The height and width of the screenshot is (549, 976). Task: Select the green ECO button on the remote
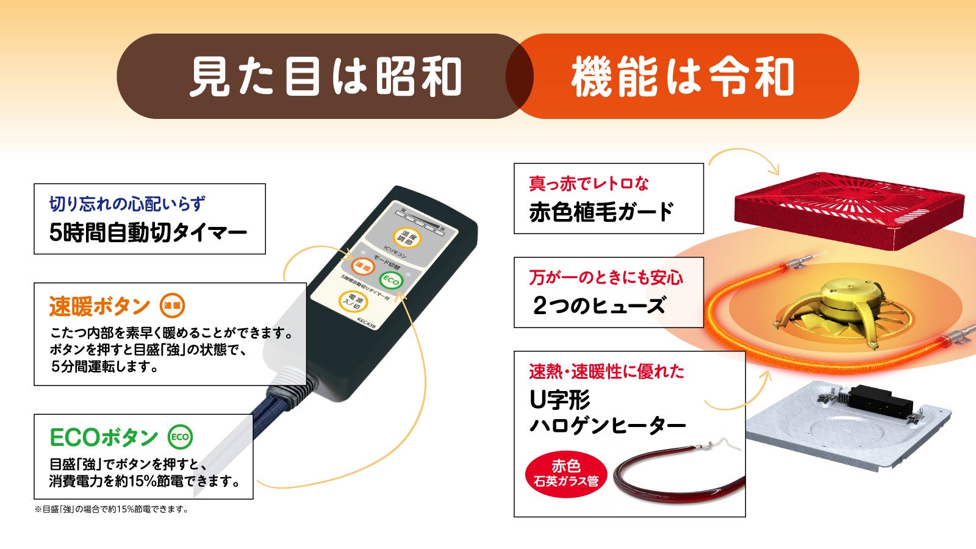point(390,280)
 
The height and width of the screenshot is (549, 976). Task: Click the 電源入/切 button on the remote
point(352,302)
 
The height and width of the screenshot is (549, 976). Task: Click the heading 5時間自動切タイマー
point(148,232)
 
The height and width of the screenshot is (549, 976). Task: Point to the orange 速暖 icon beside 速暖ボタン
point(172,306)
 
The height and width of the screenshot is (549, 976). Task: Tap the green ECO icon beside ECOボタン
point(180,437)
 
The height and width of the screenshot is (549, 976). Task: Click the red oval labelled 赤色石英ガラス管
point(566,474)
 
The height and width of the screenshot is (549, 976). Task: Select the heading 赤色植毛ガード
point(601,212)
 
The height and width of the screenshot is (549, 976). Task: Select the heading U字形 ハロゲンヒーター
point(607,413)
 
